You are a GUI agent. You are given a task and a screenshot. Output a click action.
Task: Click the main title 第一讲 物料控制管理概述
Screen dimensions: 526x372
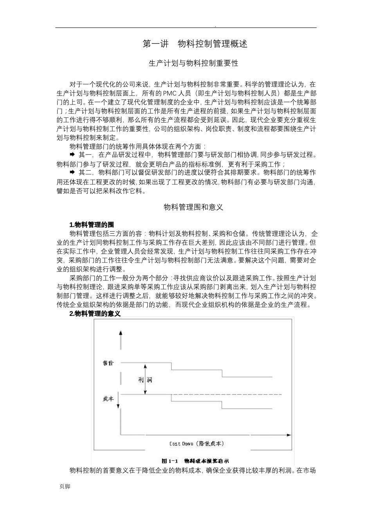click(x=195, y=44)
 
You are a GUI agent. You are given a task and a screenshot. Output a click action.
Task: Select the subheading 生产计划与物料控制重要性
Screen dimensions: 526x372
click(x=193, y=63)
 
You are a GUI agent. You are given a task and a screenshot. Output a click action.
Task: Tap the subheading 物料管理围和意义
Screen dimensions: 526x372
click(x=193, y=207)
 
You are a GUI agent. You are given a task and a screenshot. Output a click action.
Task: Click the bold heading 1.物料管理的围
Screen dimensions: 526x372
click(x=91, y=225)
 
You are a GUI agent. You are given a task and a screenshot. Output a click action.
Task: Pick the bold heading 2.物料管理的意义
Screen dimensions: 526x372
click(x=94, y=314)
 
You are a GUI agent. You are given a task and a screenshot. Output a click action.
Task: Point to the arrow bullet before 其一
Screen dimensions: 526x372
click(x=72, y=155)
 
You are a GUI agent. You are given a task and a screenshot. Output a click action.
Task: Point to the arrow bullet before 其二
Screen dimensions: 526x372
click(x=72, y=172)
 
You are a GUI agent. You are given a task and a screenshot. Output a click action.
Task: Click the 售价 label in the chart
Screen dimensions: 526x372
click(x=108, y=363)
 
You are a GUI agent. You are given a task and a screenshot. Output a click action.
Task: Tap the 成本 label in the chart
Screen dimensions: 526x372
click(x=108, y=398)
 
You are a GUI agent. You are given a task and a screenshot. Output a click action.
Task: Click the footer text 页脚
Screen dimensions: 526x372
click(x=65, y=486)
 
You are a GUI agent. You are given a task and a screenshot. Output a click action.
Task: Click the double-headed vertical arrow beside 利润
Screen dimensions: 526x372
click(x=145, y=380)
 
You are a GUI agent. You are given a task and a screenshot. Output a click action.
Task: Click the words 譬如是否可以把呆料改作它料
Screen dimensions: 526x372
click(x=101, y=191)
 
